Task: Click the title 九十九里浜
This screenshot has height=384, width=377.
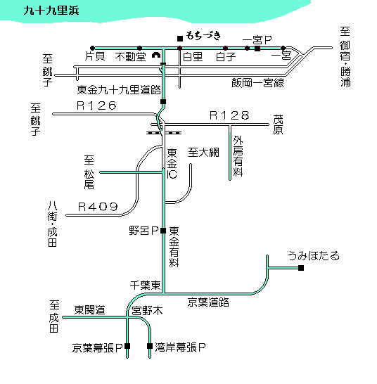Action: click(x=51, y=11)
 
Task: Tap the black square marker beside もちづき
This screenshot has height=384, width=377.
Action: click(x=180, y=39)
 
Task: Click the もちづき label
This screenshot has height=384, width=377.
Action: click(x=203, y=36)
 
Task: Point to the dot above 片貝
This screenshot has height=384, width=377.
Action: click(x=92, y=48)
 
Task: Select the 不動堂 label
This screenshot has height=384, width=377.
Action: click(x=131, y=57)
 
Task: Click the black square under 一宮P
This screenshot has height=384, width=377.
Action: click(x=257, y=49)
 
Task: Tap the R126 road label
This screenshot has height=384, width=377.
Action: click(x=96, y=105)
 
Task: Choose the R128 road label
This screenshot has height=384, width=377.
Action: click(x=229, y=115)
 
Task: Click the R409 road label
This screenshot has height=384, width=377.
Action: click(x=98, y=207)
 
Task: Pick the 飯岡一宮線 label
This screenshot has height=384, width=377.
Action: click(x=257, y=83)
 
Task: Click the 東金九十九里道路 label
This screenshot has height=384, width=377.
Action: click(x=119, y=90)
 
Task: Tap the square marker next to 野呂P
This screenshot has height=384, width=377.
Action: click(x=163, y=231)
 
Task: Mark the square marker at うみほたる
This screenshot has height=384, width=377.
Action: click(x=301, y=268)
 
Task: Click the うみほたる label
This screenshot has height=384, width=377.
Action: click(x=314, y=256)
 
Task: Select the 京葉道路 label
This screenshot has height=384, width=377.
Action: click(x=208, y=302)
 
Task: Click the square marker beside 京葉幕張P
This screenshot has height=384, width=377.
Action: click(x=127, y=346)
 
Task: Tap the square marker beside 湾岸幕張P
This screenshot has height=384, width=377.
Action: click(x=150, y=346)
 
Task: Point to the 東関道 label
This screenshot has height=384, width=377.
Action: click(x=89, y=310)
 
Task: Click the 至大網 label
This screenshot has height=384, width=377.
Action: click(x=203, y=153)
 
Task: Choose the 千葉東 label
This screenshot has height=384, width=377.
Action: click(x=145, y=286)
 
